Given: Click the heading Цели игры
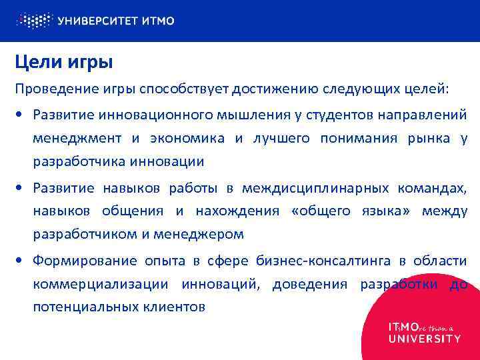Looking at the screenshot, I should click(64, 63).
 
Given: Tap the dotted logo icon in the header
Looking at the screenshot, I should click(34, 20).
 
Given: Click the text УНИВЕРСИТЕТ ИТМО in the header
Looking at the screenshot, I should click(116, 21).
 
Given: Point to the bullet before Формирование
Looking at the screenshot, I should click(21, 260).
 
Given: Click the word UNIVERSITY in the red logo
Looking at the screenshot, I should click(425, 338).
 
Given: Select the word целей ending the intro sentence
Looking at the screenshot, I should click(427, 89).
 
